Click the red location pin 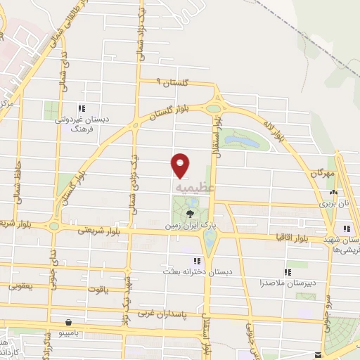pyautogui.click(x=180, y=165)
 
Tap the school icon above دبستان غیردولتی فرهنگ pyautogui.click(x=82, y=108)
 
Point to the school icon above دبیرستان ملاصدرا pyautogui.click(x=286, y=271)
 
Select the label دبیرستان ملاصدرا pyautogui.click(x=286, y=283)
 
